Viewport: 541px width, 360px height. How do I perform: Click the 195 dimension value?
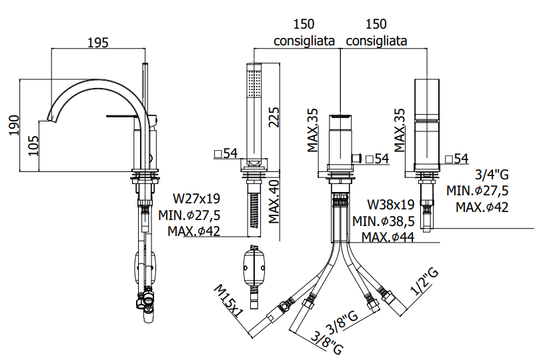[97, 43]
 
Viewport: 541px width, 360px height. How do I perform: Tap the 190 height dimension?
[14, 125]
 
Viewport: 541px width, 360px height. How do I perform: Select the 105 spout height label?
[33, 145]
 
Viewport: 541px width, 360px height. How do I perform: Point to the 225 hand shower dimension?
[274, 117]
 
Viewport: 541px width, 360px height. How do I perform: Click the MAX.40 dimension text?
[274, 201]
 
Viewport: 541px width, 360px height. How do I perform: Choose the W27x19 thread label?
[196, 199]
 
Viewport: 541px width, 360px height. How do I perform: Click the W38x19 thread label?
[390, 205]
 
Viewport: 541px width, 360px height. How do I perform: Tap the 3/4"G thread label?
[492, 175]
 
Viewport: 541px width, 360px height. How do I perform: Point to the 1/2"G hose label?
[425, 282]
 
